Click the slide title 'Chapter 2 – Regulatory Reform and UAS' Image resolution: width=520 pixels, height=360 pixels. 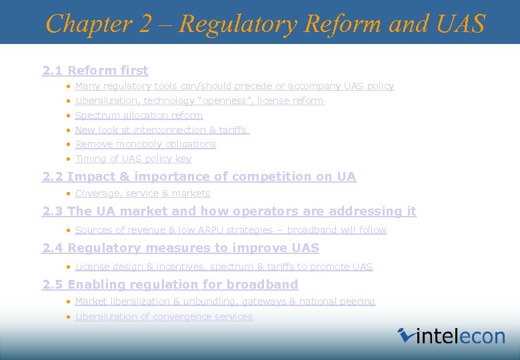[265, 24]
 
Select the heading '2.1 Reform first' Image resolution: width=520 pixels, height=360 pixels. [95, 70]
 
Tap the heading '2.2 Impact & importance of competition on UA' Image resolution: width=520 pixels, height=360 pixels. [199, 177]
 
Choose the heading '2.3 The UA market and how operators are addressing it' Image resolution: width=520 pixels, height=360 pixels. [229, 211]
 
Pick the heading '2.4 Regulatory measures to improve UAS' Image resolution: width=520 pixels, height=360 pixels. [181, 248]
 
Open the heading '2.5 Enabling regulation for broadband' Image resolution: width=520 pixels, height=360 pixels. [170, 285]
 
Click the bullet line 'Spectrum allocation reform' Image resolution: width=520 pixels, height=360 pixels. [139, 115]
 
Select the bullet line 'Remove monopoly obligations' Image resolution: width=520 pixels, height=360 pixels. [145, 144]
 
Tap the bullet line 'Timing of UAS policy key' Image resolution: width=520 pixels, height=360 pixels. [133, 159]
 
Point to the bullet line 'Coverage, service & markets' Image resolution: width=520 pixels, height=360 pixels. [143, 193]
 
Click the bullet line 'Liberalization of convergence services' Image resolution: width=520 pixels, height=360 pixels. [164, 317]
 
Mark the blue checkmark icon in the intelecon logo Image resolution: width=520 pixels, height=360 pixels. [405, 335]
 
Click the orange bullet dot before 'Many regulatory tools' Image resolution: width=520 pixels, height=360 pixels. [69, 87]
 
